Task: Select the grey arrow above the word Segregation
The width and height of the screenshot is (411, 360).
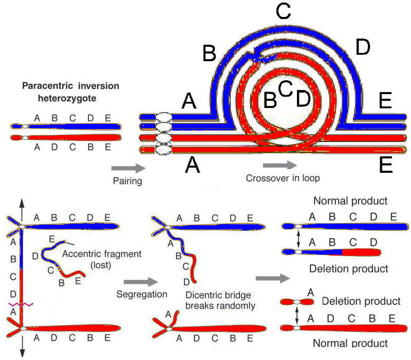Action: click(140, 282)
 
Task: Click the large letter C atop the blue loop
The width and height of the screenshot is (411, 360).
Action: click(283, 12)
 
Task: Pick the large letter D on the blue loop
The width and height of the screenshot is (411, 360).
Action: click(363, 48)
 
